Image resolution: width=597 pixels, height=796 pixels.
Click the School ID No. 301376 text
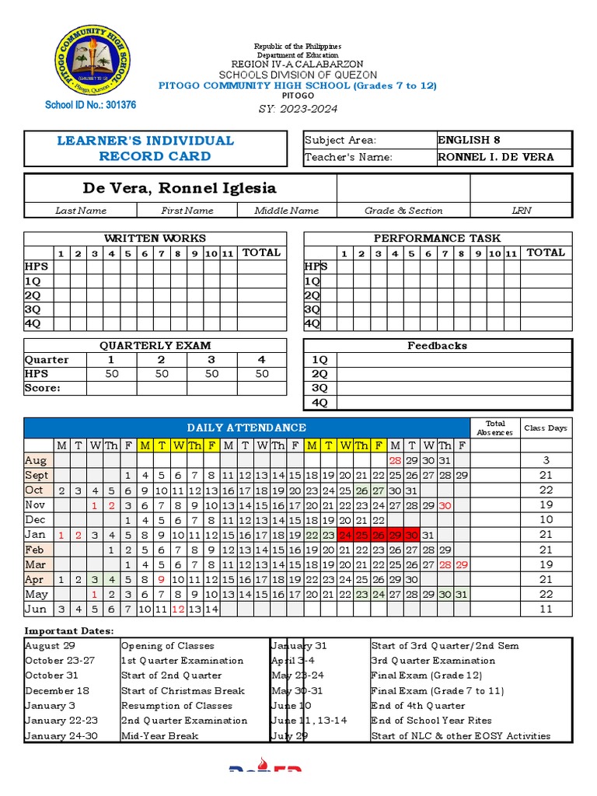91,105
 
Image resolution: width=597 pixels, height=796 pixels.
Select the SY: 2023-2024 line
298,109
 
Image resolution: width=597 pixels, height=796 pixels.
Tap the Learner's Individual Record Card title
145,148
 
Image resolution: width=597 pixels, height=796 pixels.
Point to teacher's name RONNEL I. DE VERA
496,157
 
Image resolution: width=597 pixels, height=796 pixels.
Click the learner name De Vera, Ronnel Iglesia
179,188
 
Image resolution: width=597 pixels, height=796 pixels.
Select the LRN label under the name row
521,211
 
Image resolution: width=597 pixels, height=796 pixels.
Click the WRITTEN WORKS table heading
155,239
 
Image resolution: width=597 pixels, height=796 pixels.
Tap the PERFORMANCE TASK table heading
437,239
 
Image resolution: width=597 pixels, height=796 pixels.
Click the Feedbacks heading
437,346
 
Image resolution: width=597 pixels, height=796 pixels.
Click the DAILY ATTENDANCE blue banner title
246,428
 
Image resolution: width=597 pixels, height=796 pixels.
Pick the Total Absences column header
494,428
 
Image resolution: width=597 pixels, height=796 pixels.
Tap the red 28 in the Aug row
395,460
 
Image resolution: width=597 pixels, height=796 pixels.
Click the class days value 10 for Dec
546,519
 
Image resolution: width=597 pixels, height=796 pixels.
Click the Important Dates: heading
69,630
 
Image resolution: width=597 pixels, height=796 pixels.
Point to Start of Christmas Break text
183,691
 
